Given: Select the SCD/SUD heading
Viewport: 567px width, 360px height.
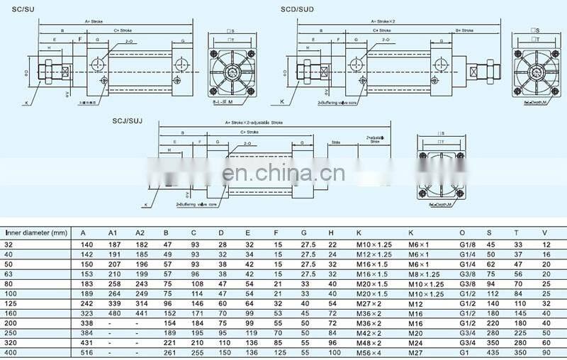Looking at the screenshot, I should click(x=297, y=8).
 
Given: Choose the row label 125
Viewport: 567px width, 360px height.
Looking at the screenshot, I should click(x=10, y=301).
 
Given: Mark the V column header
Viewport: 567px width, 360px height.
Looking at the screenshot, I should click(x=544, y=232).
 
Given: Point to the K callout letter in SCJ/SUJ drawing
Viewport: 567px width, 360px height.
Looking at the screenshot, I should click(x=145, y=203).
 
